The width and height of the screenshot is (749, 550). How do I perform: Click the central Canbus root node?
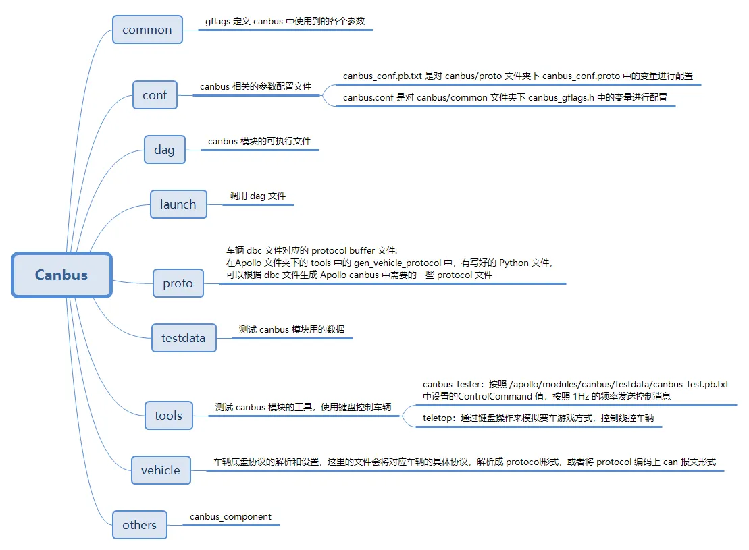(x=61, y=275)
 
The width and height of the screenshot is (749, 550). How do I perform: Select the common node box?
(x=147, y=30)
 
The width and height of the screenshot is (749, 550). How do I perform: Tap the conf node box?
(x=155, y=95)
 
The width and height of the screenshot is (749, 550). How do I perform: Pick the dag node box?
(x=164, y=150)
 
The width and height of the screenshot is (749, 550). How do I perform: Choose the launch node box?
(x=178, y=204)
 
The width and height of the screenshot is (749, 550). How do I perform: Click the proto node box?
(x=178, y=284)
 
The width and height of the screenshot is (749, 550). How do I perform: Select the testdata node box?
(x=184, y=337)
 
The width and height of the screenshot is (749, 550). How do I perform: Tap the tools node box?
(x=168, y=416)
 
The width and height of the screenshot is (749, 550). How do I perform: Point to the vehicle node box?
(x=161, y=470)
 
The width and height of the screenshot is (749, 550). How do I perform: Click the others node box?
(x=139, y=525)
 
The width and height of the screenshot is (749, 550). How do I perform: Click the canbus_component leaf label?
(x=230, y=517)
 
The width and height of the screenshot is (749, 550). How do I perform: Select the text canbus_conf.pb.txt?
(x=382, y=76)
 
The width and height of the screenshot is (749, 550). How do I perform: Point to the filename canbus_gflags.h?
(x=561, y=98)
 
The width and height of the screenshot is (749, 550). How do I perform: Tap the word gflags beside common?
(x=218, y=22)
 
